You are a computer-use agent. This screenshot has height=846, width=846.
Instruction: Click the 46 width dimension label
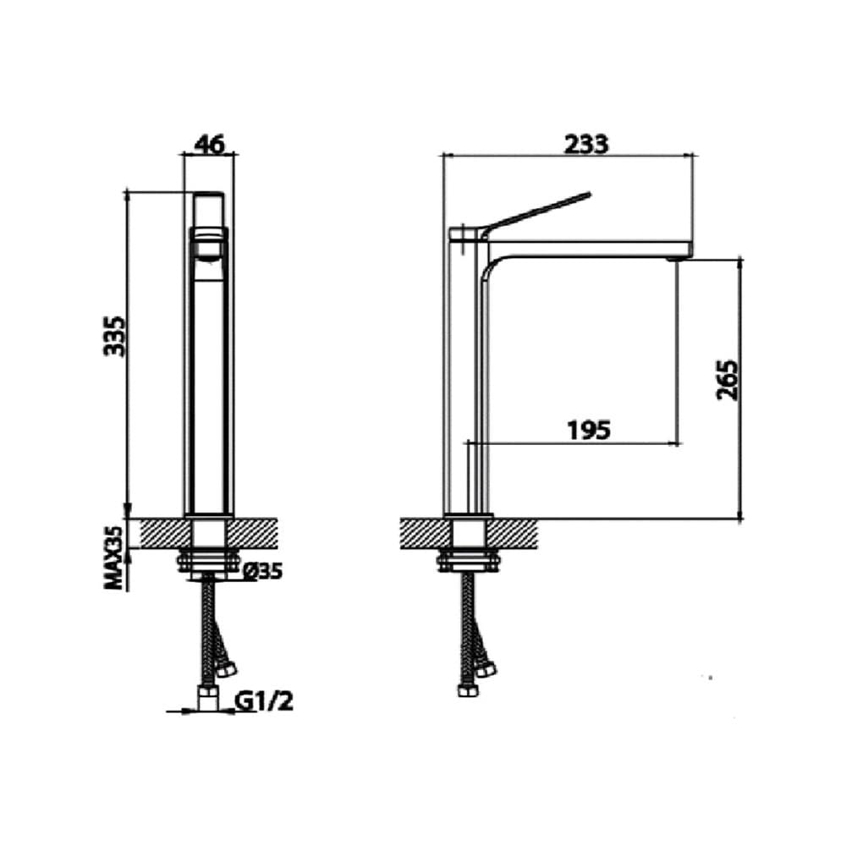(208, 146)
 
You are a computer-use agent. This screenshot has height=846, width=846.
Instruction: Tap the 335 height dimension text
(114, 336)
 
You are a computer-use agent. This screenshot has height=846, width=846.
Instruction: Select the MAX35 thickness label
(114, 558)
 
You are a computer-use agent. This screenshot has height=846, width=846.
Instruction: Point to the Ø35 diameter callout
(263, 571)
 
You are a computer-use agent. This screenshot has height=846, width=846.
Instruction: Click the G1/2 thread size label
(264, 701)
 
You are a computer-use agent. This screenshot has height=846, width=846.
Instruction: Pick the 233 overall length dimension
(586, 144)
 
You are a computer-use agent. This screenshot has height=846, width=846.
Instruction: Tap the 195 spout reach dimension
(589, 430)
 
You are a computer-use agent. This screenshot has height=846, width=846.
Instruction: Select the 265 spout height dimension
(727, 379)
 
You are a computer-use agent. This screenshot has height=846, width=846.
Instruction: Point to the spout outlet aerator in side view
(673, 260)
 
